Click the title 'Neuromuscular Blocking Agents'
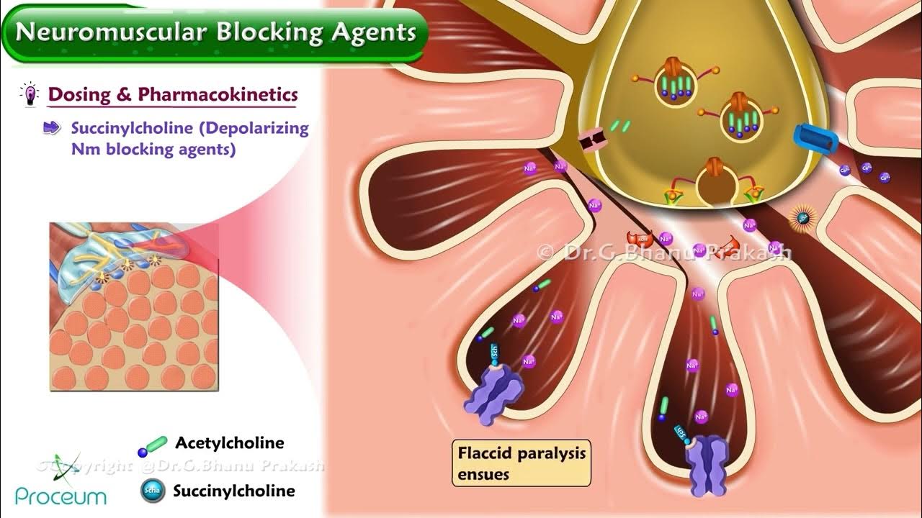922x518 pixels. click(215, 32)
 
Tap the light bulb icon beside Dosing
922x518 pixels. click(30, 94)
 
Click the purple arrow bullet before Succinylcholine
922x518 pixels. click(53, 128)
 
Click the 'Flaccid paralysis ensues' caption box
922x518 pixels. click(522, 463)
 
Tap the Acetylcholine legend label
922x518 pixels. click(229, 443)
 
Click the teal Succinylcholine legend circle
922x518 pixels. click(152, 491)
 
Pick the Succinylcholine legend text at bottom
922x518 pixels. click(234, 491)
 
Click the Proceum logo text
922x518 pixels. click(61, 496)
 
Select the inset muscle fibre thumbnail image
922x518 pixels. click(133, 306)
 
